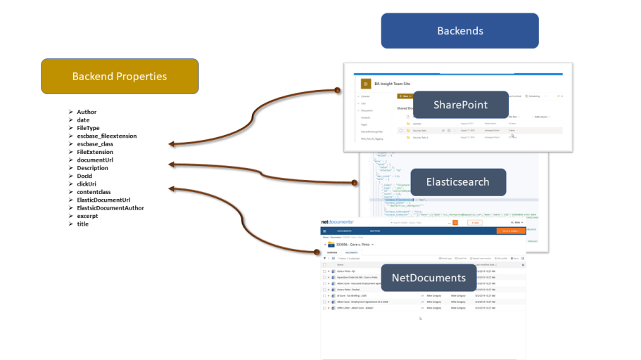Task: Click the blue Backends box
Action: (459, 31)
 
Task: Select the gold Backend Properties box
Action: (120, 76)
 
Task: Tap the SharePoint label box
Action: (460, 105)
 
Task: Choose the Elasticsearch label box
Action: (457, 182)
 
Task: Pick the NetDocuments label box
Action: (429, 278)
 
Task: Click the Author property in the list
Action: (87, 112)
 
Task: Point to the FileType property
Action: (89, 128)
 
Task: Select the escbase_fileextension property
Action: (106, 136)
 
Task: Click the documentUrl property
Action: (95, 160)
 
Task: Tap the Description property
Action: (92, 168)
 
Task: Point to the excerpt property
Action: (88, 216)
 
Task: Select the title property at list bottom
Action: (83, 224)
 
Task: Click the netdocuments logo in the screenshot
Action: (337, 222)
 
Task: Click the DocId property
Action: (84, 176)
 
